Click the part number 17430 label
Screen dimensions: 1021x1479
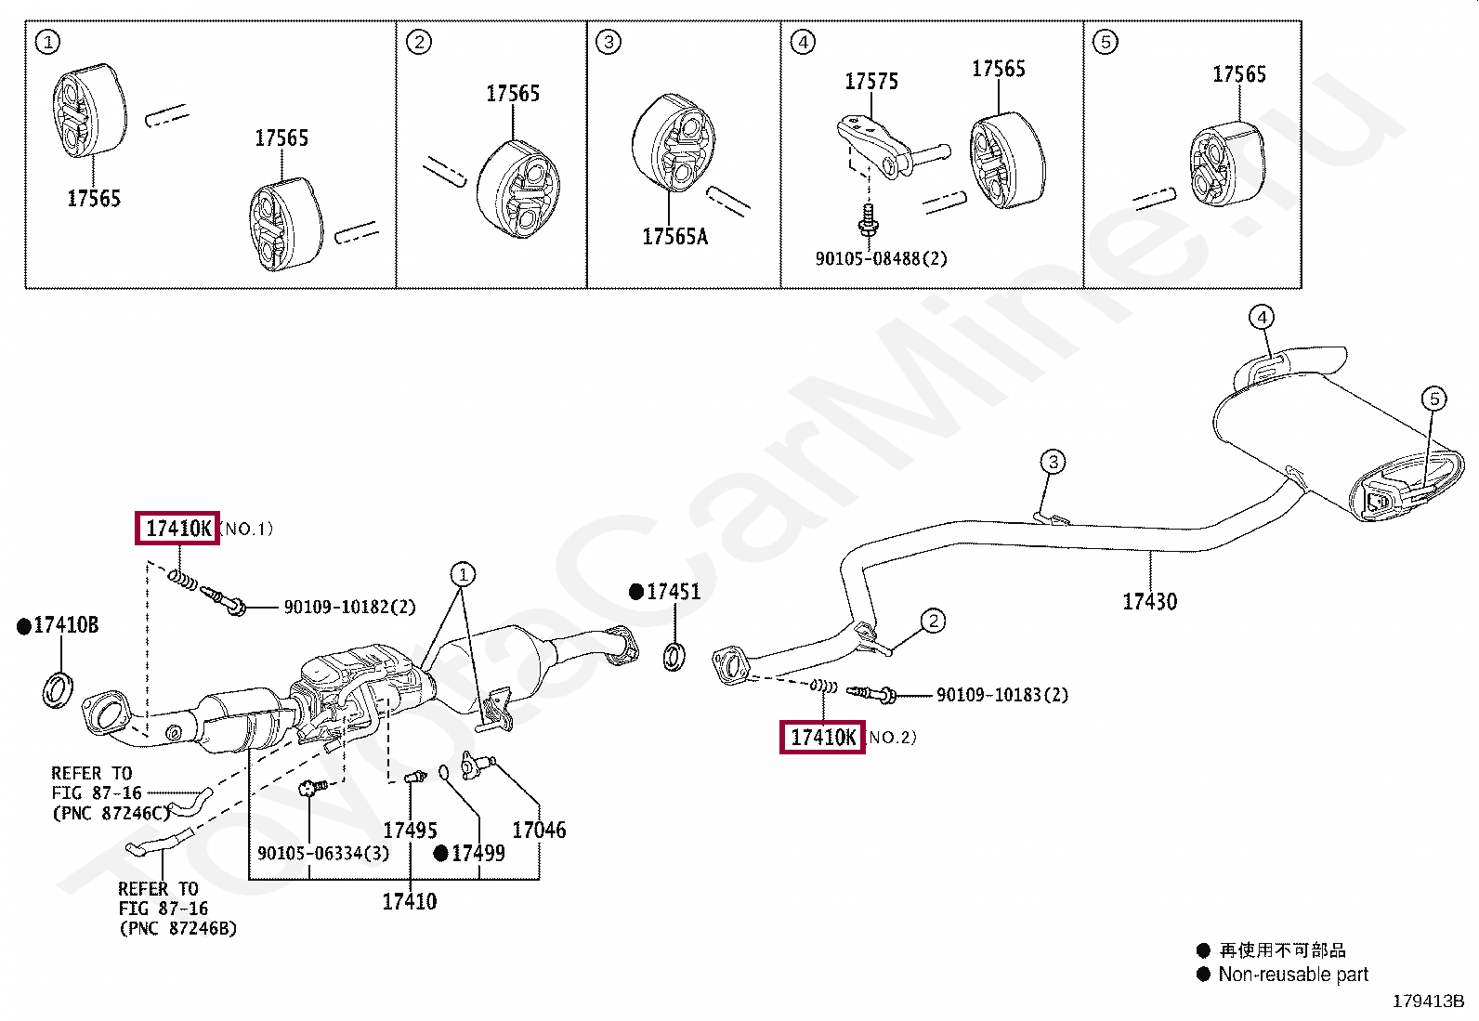[x=1149, y=602]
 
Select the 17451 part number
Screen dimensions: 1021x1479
[x=673, y=592]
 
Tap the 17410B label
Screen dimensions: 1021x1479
[x=65, y=625]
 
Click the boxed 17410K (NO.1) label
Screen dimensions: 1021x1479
[x=177, y=529]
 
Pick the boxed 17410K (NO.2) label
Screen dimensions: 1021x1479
[x=822, y=738]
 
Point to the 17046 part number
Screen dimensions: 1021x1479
[x=539, y=831]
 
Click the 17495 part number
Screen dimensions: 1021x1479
[x=410, y=831]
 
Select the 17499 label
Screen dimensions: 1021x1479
[x=478, y=853]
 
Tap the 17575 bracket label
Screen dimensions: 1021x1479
[x=870, y=82]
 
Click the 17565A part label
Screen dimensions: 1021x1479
[x=674, y=237]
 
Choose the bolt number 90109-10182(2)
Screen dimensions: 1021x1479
[x=349, y=608]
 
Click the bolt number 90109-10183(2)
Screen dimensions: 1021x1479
[x=1001, y=695]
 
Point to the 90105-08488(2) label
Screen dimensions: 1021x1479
[x=881, y=259]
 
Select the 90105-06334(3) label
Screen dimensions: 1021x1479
[x=323, y=853]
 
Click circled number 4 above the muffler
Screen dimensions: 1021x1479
[x=1261, y=318]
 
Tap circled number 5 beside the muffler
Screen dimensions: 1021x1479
[x=1433, y=399]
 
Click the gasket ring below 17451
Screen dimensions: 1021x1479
[x=674, y=656]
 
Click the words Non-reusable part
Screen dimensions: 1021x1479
[x=1292, y=975]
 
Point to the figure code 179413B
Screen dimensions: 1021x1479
[x=1428, y=1001]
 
